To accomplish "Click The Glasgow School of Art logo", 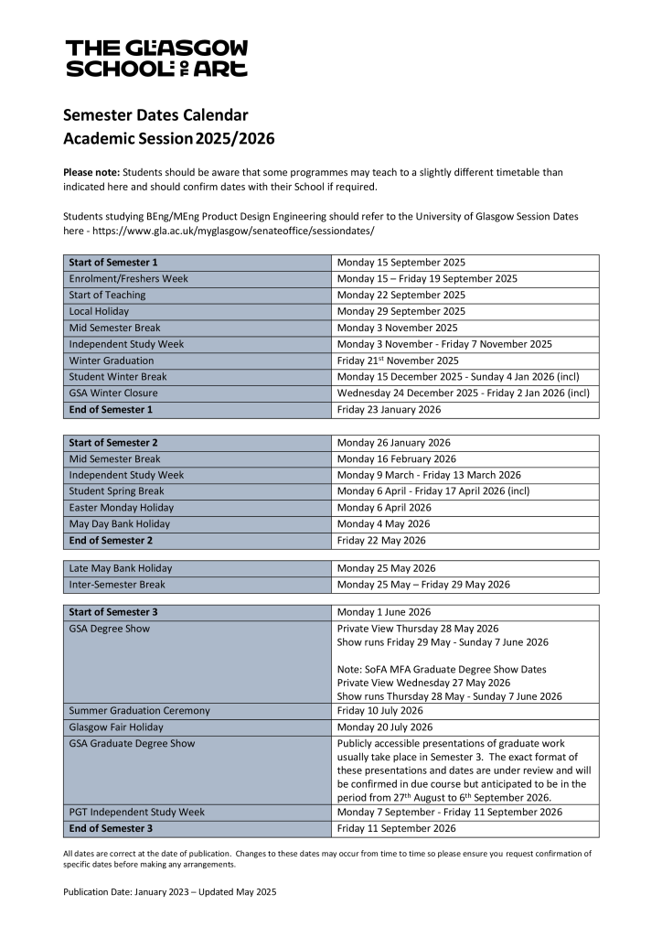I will click(156, 58).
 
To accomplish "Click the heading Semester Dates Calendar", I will click(155, 115).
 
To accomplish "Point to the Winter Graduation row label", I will click(112, 361).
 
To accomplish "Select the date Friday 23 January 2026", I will click(389, 409).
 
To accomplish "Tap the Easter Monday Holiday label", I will click(121, 508).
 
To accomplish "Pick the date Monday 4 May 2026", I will click(385, 524).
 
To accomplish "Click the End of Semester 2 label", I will click(111, 540).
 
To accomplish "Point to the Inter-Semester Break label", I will click(117, 585).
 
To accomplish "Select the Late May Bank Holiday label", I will click(120, 568).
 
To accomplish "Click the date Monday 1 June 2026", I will click(384, 612).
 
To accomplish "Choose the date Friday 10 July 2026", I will click(379, 710).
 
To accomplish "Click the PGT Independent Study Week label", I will click(136, 812).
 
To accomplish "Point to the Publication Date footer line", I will click(169, 891).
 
